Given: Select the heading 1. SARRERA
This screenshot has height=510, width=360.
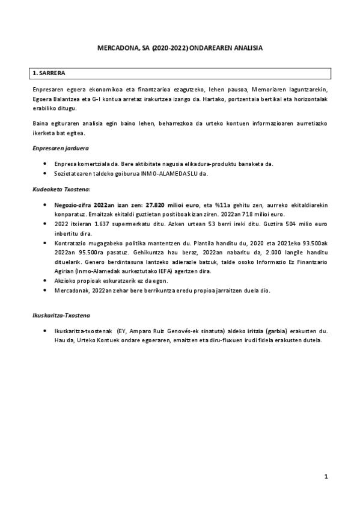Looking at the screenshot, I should (x=46, y=73).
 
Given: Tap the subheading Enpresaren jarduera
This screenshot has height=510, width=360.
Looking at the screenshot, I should (x=57, y=148).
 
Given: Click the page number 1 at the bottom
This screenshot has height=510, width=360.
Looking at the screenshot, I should (x=325, y=477).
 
